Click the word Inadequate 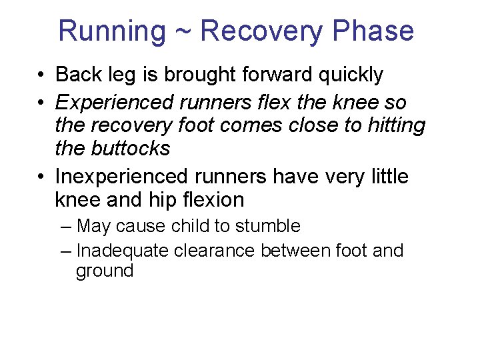(123, 251)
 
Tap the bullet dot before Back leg (41, 75)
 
